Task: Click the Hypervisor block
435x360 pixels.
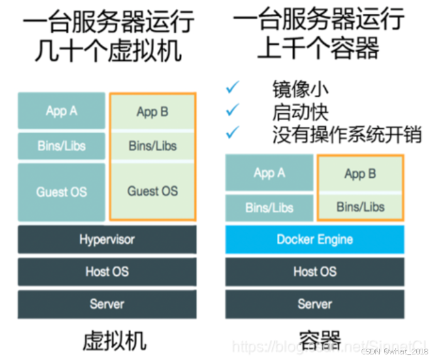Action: point(107,239)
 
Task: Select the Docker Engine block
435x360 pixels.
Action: point(314,239)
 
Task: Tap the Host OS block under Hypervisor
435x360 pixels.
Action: point(107,271)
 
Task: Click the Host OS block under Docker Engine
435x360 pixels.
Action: point(314,271)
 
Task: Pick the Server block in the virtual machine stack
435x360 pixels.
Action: point(107,304)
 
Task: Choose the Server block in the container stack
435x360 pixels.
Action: point(314,304)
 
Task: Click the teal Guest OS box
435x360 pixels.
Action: point(62,192)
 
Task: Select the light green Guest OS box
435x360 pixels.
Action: point(153,191)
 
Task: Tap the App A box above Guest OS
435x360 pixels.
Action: point(62,111)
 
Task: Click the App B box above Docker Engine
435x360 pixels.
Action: point(360,174)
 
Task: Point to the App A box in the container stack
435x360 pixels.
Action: point(269,173)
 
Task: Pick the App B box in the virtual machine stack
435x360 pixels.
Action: point(153,112)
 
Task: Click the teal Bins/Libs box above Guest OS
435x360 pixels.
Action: point(62,146)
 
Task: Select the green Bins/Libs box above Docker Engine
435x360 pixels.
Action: point(360,207)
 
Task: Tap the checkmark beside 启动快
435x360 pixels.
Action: point(233,110)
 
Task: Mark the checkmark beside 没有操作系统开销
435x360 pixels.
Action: point(233,133)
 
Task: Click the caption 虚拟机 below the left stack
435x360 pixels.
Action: point(114,341)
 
